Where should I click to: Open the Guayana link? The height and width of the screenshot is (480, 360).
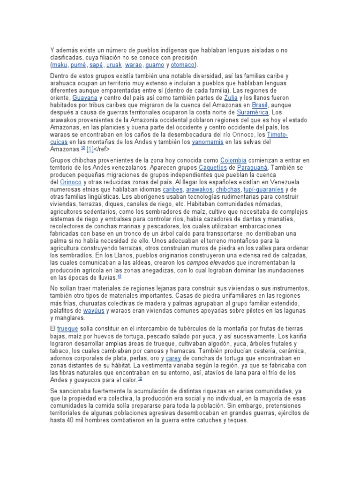85,98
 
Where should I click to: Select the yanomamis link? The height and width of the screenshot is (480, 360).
208,142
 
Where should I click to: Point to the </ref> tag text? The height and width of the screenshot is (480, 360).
106,150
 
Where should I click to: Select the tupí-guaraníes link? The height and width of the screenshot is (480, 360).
263,190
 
